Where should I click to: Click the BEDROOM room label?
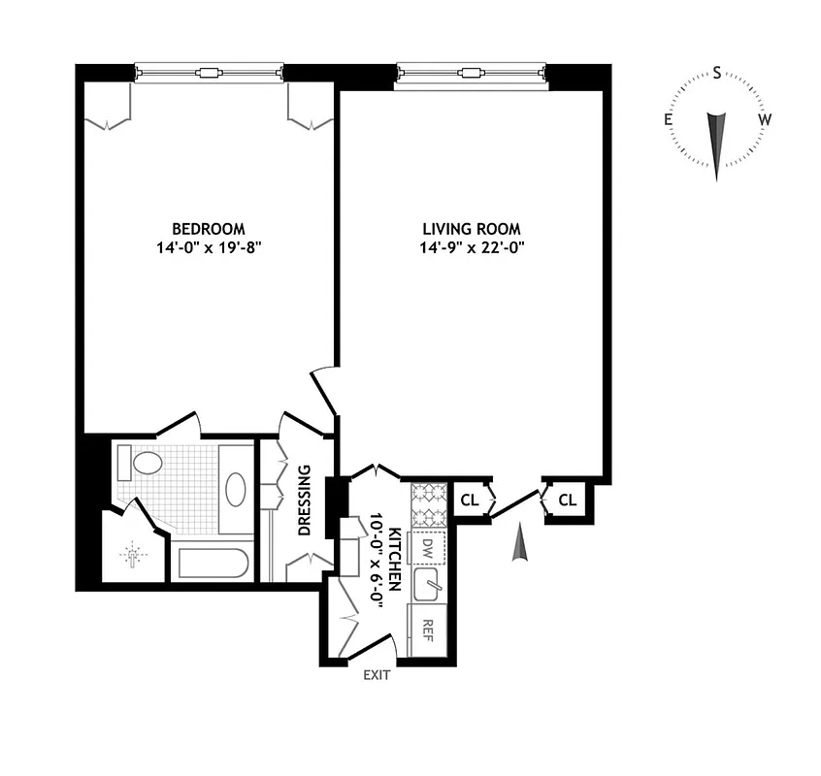[208, 229]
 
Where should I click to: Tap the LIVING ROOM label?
[472, 229]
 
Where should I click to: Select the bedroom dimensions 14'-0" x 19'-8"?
[208, 247]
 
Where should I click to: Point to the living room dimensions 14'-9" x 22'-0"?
[473, 247]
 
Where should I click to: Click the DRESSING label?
[305, 501]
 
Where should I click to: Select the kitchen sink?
[428, 585]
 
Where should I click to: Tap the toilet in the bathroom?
[143, 463]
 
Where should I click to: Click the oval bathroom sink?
[236, 489]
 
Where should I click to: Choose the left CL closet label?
[469, 501]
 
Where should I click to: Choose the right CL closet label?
[568, 501]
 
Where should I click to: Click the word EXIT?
[377, 675]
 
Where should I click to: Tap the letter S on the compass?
[717, 73]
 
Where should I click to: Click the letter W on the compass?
[765, 119]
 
